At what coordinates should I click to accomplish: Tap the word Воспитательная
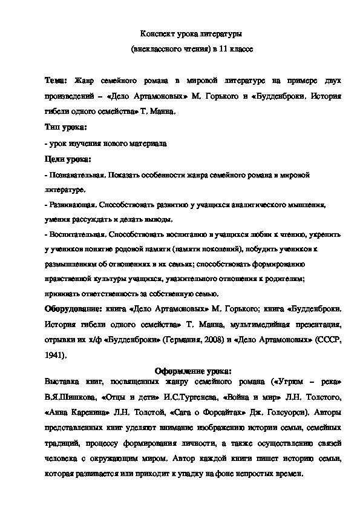tap(76, 234)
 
